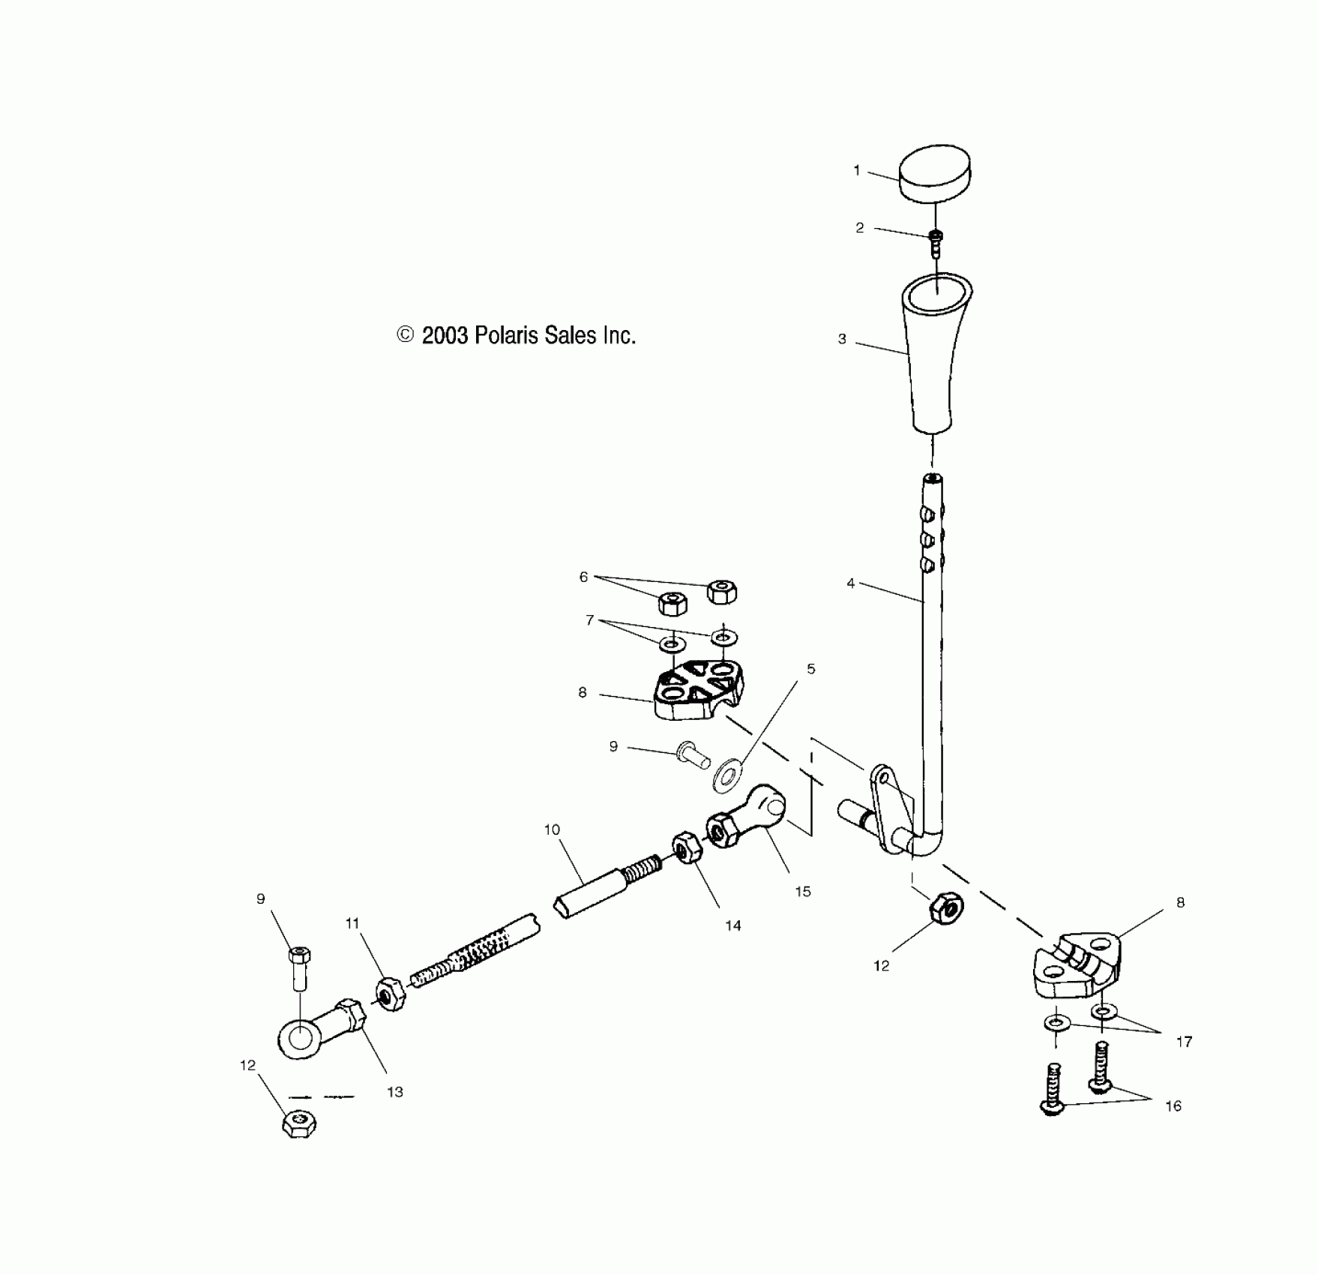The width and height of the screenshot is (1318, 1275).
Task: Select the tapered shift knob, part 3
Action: (933, 352)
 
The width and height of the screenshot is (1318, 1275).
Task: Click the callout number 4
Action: (850, 583)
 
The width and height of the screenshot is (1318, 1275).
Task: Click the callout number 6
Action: (583, 577)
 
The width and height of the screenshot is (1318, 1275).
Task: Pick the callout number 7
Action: (590, 620)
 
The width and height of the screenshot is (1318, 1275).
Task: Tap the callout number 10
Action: (552, 829)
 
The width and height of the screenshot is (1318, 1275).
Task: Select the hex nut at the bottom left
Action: (299, 1123)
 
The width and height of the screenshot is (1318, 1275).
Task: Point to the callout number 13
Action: (395, 1092)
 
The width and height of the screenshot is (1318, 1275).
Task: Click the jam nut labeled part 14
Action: (686, 847)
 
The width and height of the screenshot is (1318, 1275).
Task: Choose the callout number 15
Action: (803, 892)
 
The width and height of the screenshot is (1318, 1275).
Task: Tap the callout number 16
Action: (1173, 1105)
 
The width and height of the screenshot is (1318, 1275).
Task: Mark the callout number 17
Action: (1184, 1041)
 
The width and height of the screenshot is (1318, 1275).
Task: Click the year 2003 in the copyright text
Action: (445, 335)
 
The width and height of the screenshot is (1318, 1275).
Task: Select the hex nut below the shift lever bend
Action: (946, 907)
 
